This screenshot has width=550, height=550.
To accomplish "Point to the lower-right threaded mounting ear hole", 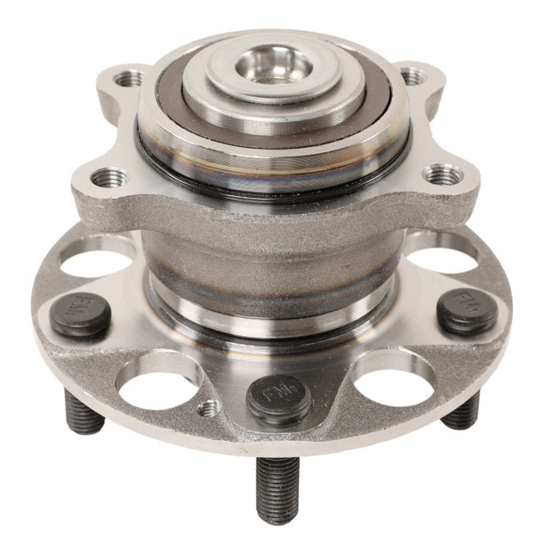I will (440, 175).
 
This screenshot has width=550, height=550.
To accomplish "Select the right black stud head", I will (466, 309).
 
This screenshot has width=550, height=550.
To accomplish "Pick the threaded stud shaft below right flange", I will (462, 411).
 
